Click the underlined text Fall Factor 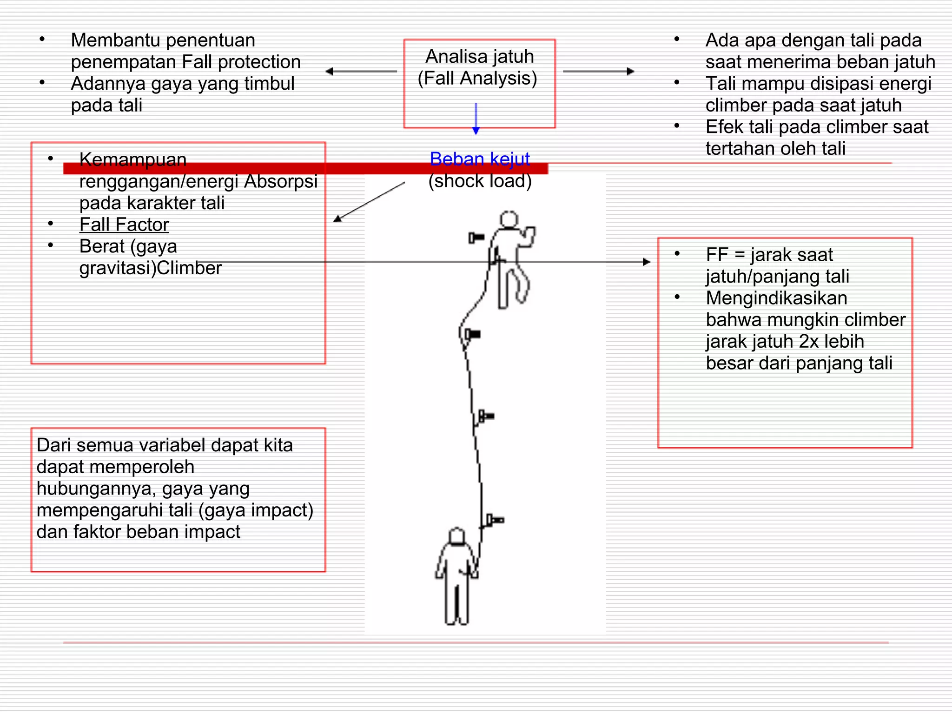click(x=124, y=225)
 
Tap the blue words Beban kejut click(x=479, y=159)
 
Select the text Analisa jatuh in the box click(x=479, y=57)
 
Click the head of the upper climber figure click(x=509, y=219)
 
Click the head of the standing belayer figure click(x=457, y=536)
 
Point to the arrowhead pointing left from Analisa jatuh click(x=329, y=72)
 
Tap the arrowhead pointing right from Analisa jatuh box click(x=631, y=72)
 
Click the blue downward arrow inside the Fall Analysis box click(x=476, y=119)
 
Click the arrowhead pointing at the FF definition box click(x=646, y=262)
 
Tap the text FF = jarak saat click(x=769, y=255)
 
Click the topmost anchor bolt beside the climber click(x=476, y=238)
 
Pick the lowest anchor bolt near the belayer click(x=495, y=520)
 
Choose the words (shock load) click(x=479, y=181)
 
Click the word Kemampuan click(x=132, y=159)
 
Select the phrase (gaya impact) click(x=256, y=510)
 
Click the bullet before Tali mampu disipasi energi click(x=677, y=83)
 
